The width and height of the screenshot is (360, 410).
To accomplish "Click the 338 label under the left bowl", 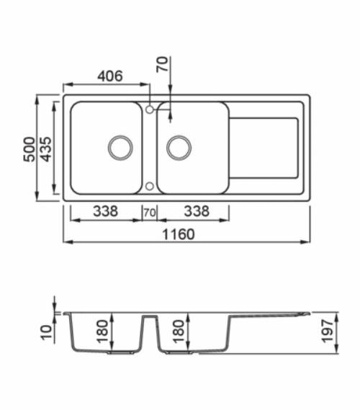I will click(x=105, y=212).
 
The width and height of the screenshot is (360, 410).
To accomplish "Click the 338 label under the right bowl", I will click(x=197, y=212).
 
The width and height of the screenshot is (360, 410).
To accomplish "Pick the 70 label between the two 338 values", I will click(x=150, y=213).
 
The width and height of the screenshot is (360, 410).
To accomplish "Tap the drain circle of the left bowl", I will click(x=120, y=147).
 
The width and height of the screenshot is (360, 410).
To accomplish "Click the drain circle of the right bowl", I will click(x=179, y=147).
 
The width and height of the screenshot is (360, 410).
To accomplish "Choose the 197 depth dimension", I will click(x=330, y=333).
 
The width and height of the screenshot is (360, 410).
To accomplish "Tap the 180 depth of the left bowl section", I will click(x=102, y=332).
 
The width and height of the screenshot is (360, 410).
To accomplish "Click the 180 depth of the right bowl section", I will click(x=178, y=332).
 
